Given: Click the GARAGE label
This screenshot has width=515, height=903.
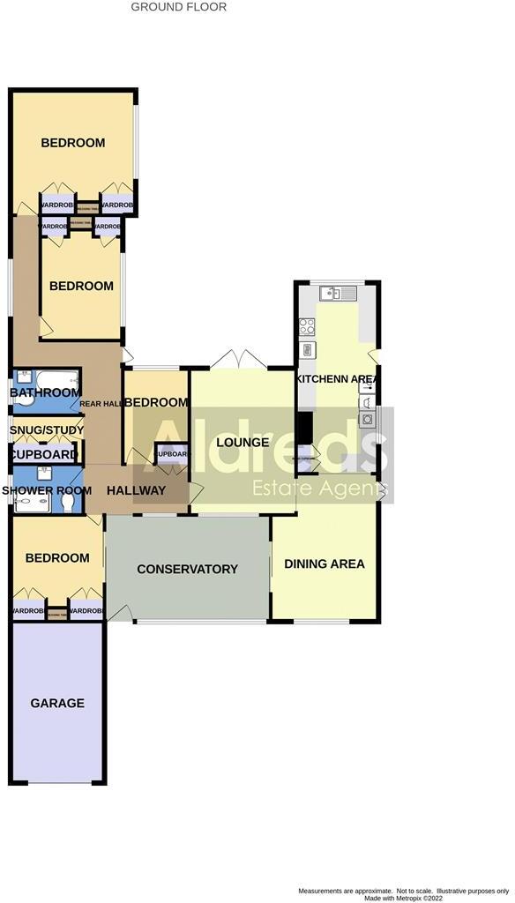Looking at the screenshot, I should pos(57,703).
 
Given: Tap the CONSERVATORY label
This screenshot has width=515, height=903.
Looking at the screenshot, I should pos(187,569).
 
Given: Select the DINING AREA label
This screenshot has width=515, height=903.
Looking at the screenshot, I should pos(324,563).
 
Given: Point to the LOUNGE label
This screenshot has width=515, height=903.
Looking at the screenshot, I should pos(242,442).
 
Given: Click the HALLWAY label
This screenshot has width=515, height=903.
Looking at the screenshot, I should pos(136,490).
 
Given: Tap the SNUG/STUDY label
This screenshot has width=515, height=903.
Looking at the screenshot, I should pos(47,430).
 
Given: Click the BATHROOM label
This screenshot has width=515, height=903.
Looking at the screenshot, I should pos(45,392).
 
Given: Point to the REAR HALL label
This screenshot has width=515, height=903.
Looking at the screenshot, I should pos(99,405).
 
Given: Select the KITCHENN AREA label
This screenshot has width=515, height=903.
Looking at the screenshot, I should pos(337,378).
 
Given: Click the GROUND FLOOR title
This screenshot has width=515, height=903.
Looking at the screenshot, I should pos(178,7).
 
